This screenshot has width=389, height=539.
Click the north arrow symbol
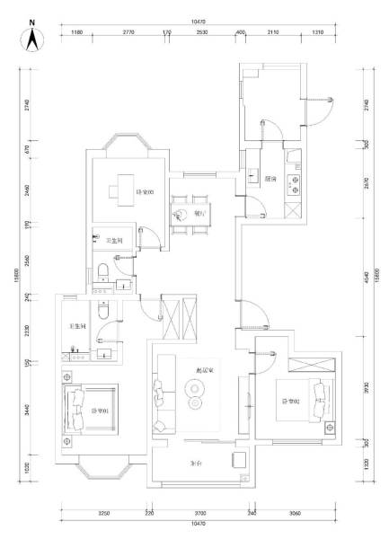point(31,37)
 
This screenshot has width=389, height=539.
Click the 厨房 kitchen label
point(270,179)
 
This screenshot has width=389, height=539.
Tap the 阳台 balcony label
point(196,464)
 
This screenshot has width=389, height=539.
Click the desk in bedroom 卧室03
point(121,190)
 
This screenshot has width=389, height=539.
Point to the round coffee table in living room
point(194,389)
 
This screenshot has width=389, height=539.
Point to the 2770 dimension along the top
point(128,31)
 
